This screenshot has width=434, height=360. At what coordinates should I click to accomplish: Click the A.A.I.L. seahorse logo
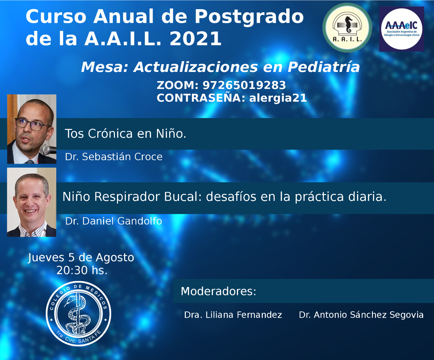click(x=347, y=28)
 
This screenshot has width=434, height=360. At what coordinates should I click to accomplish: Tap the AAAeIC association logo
click(x=401, y=29)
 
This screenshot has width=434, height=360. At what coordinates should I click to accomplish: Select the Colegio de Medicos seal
click(x=78, y=314)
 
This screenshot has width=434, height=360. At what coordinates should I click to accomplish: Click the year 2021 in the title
click(x=195, y=38)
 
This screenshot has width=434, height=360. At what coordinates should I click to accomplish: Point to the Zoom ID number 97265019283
click(x=244, y=85)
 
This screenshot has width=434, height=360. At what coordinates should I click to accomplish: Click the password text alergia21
click(x=278, y=98)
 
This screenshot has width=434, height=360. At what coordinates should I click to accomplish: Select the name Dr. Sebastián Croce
click(x=114, y=157)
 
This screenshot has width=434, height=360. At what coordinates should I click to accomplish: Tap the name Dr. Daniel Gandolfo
click(x=114, y=221)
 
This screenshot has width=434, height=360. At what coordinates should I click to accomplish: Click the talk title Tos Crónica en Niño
click(x=125, y=133)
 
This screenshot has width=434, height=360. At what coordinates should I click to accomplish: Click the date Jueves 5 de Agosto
click(x=81, y=258)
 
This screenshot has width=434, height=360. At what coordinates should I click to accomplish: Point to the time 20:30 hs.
click(x=82, y=270)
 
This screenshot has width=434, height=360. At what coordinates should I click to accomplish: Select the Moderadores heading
click(x=218, y=291)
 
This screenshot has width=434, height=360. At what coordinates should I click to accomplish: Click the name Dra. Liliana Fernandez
click(x=233, y=315)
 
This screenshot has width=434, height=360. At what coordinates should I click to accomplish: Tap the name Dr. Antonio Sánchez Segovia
click(x=361, y=315)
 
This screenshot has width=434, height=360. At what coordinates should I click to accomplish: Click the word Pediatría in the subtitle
click(x=323, y=68)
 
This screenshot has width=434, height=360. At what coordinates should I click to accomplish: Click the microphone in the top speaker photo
click(x=48, y=149)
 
